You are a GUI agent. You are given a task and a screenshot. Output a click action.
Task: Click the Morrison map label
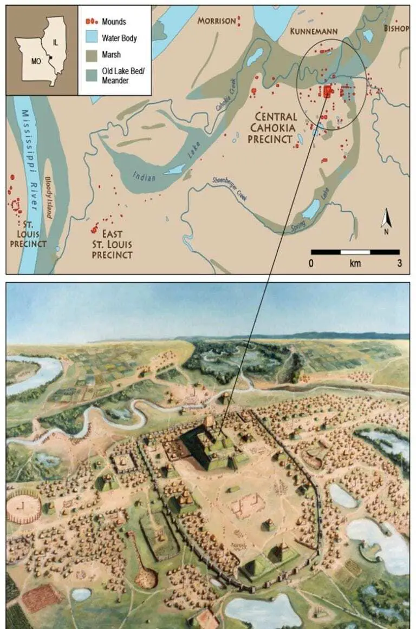tap(216, 21)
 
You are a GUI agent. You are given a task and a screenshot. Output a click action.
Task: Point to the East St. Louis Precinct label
tap(112, 244)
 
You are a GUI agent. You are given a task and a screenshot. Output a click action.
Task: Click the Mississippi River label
tap(31, 157)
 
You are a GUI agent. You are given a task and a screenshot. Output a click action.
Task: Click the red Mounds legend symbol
tap(91, 22)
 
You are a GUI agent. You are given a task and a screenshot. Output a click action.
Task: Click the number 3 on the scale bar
tap(400, 264)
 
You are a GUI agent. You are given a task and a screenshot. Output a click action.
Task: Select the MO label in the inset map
tap(36, 61)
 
